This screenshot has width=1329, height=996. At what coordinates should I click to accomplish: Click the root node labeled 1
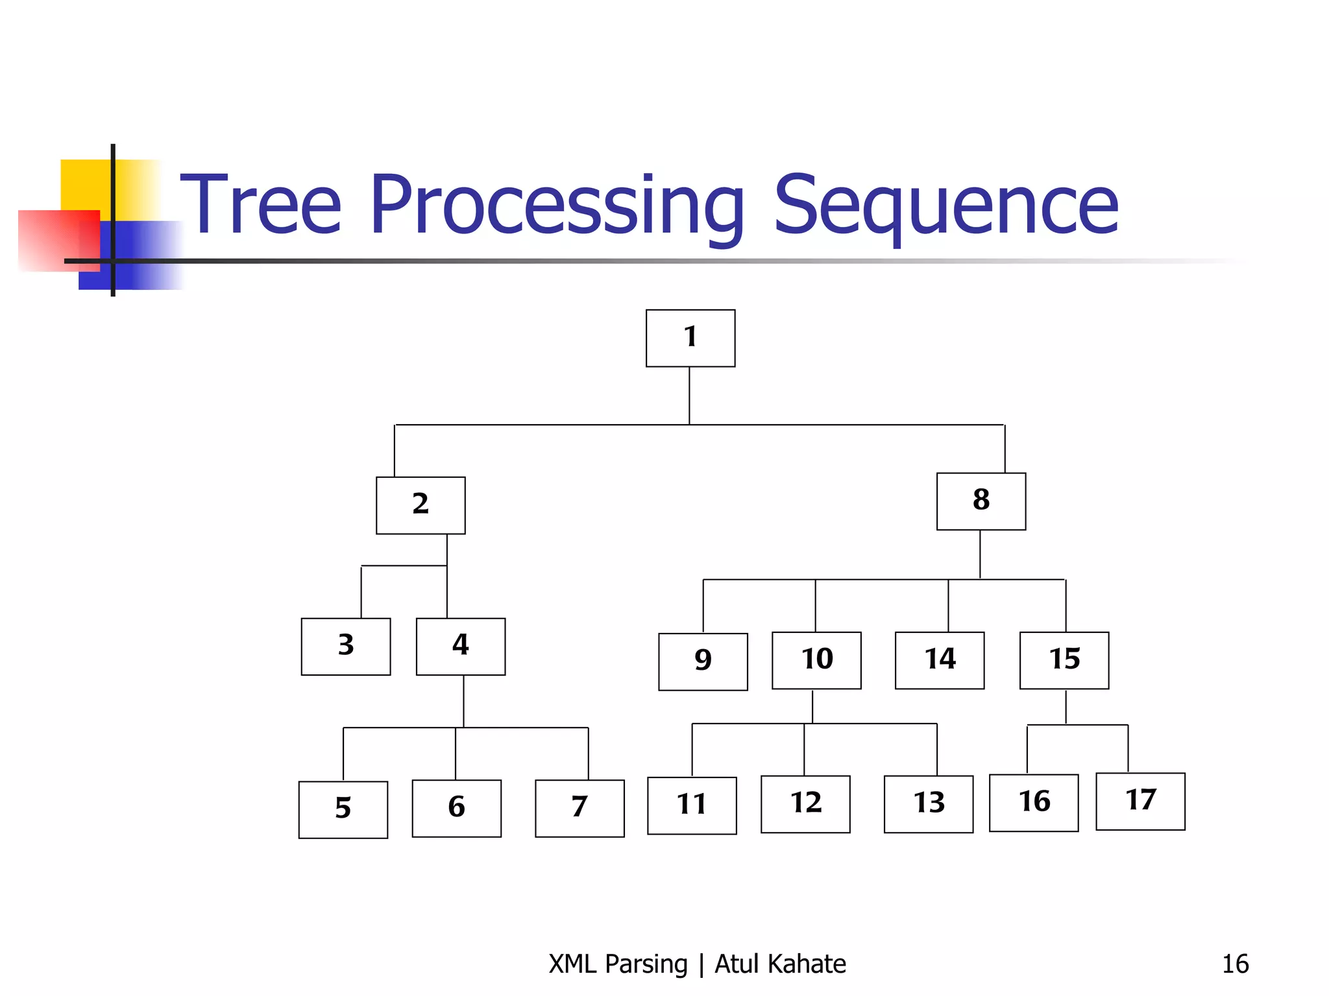click(x=690, y=338)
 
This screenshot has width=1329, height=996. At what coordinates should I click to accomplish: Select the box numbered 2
click(x=421, y=505)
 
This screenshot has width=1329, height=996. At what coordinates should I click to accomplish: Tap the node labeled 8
click(x=981, y=501)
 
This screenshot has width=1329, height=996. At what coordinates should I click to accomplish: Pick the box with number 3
click(x=346, y=646)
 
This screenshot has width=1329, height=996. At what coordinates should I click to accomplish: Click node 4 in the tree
click(x=460, y=646)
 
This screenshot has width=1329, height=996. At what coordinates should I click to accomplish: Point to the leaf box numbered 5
click(x=343, y=809)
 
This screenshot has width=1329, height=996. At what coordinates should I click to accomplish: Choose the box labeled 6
click(x=456, y=808)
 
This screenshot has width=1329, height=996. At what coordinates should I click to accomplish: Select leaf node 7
click(x=579, y=808)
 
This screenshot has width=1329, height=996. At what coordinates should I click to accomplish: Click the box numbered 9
click(x=703, y=661)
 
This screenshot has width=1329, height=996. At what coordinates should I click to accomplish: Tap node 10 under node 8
click(x=816, y=660)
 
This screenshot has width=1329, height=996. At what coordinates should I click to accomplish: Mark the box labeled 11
click(x=692, y=805)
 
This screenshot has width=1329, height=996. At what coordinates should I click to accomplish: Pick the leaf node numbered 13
click(x=928, y=804)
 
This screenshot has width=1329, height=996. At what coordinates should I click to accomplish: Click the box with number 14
click(x=939, y=660)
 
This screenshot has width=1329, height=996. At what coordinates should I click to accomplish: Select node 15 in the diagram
click(x=1064, y=660)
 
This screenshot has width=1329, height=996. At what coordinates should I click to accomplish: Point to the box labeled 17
click(x=1140, y=801)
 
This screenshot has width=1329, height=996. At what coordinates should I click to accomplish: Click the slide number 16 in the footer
click(x=1235, y=964)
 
